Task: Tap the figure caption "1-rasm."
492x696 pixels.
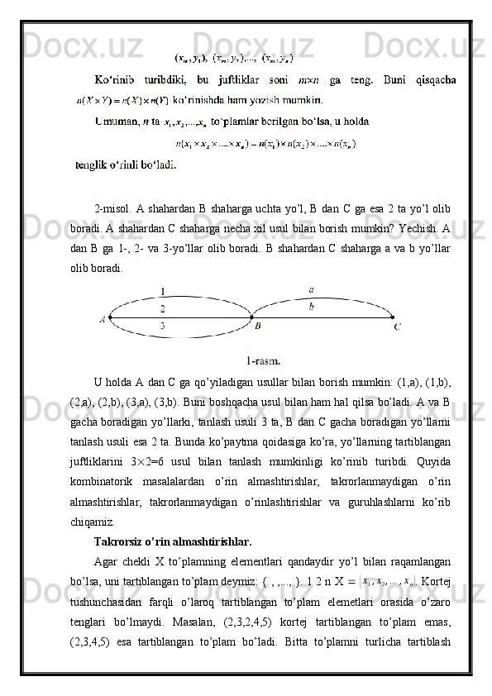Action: [263, 360]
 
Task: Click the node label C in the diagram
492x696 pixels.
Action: [398, 327]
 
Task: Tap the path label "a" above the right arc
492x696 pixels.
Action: [310, 290]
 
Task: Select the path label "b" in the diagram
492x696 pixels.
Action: [310, 306]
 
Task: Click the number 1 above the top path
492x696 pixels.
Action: [163, 291]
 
